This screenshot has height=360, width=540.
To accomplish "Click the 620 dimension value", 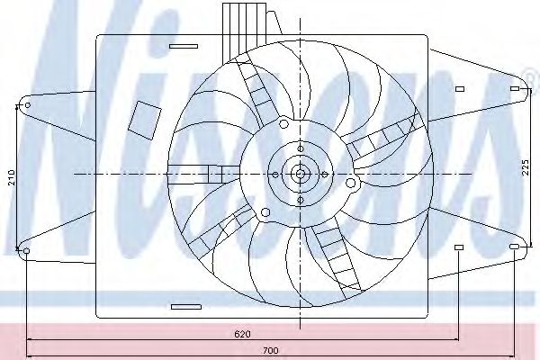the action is (242, 334).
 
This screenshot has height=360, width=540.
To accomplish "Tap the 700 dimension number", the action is (270, 351).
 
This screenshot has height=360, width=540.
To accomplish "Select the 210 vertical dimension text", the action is (12, 177).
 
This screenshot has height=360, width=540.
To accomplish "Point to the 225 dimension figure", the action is (525, 167).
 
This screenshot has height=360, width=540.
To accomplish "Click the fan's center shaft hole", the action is (301, 174).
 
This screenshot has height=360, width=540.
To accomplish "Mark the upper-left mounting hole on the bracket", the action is (28, 104).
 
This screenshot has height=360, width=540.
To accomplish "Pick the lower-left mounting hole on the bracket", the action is (26, 251).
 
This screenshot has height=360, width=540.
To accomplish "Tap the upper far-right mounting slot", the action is (515, 89).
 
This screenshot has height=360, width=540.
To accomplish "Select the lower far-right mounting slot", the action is (514, 247).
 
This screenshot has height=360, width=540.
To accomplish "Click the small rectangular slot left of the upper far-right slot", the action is (460, 89).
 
